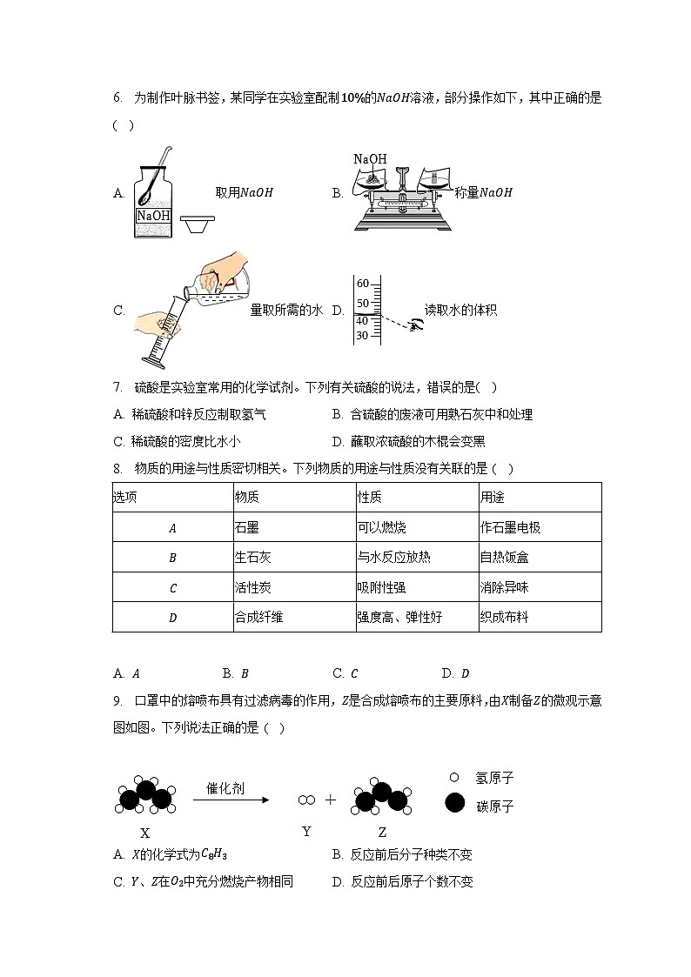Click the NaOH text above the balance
[370, 159]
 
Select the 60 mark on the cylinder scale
[363, 284]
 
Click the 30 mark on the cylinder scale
[363, 336]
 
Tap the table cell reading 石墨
[247, 527]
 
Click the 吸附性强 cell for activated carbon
[381, 587]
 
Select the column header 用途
[492, 497]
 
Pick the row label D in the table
[172, 618]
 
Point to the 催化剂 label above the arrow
[225, 789]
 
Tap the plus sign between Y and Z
[331, 800]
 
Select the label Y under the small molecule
[306, 832]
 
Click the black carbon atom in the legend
[454, 803]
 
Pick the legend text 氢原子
[494, 777]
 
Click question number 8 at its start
[117, 469]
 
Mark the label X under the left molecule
[145, 833]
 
